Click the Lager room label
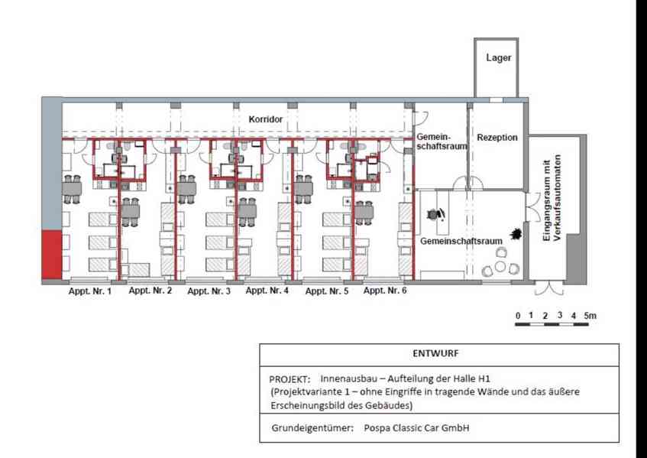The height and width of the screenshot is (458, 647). coord(499,58)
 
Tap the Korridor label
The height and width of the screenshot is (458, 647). coord(266,120)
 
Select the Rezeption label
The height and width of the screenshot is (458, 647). coord(497,138)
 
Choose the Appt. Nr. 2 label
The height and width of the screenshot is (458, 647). coord(150,291)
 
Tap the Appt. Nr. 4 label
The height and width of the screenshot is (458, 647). coord(267,291)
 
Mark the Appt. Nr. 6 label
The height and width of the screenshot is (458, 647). coord(385,291)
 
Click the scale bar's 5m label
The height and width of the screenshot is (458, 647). coord(590,315)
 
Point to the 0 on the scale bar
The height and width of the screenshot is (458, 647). coord(517,315)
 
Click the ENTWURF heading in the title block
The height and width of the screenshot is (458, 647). coord(438,354)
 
